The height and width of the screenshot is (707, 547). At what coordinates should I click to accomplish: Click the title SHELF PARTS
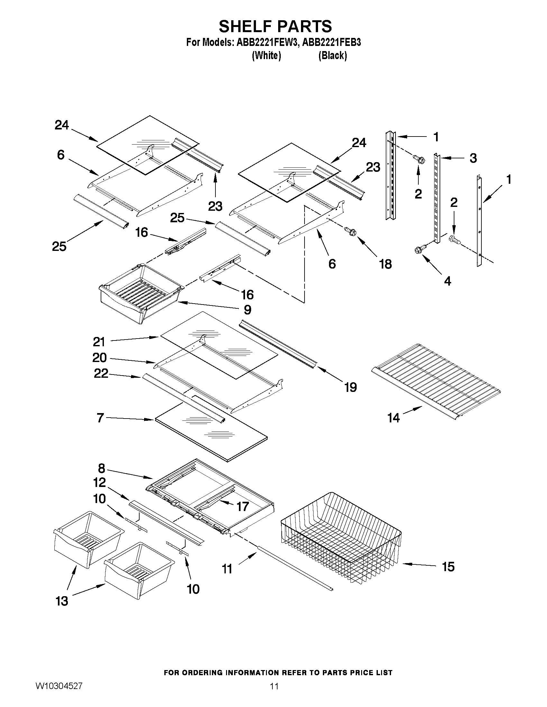pos(275,27)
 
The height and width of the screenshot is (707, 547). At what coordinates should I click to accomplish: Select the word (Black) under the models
pos(333,56)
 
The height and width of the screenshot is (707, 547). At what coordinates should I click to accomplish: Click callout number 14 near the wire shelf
pos(394,418)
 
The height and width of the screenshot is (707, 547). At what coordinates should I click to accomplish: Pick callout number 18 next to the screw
pos(385,264)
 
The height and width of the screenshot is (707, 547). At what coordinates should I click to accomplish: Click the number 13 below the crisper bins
pos(62,601)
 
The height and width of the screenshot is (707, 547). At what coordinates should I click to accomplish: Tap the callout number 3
pos(473,158)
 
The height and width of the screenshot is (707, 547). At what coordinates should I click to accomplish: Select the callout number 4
pos(447,281)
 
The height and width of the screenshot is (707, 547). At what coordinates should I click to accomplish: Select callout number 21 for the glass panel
pos(99,342)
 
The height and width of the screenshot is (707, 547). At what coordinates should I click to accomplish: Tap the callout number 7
pos(100,418)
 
